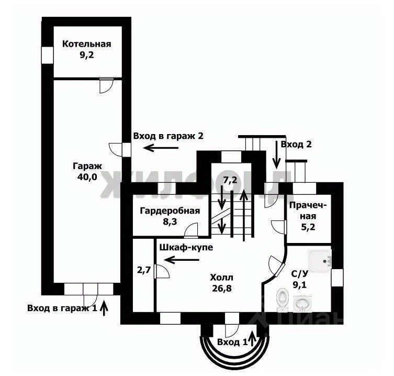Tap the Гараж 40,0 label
pyautogui.click(x=87, y=172)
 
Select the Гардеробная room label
pyautogui.click(x=170, y=216)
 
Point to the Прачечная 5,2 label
pyautogui.click(x=308, y=216)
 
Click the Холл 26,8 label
pyautogui.click(x=222, y=283)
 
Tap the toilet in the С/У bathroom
pyautogui.click(x=283, y=299)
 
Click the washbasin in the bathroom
pyautogui.click(x=302, y=303)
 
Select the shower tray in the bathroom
pyautogui.click(x=320, y=261)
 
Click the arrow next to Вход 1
pyautogui.click(x=253, y=339)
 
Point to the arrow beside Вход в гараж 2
pyautogui.click(x=161, y=148)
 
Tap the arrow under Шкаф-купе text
pyautogui.click(x=182, y=260)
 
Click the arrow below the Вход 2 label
pyautogui.click(x=276, y=154)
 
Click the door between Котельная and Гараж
pyautogui.click(x=106, y=85)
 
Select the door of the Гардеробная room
pyautogui.click(x=191, y=230)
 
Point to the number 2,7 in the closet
pyautogui.click(x=144, y=270)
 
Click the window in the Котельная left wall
pyautogui.click(x=48, y=55)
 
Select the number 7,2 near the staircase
pyautogui.click(x=230, y=180)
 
